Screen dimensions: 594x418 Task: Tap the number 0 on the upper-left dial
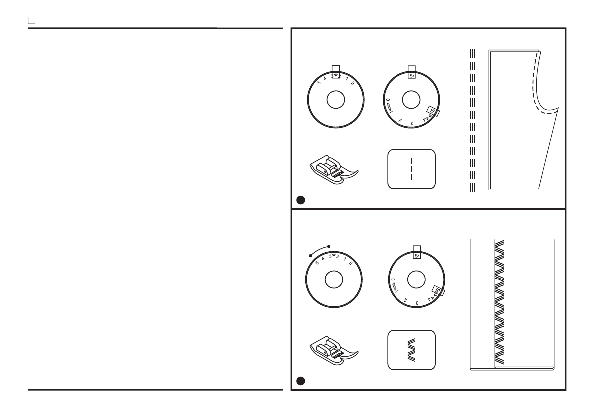[x=353, y=83]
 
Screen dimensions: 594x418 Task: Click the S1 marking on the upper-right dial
[x=412, y=76]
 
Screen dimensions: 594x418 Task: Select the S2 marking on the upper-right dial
[x=433, y=110]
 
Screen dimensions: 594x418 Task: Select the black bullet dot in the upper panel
[x=300, y=200]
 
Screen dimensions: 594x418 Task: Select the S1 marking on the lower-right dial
[x=417, y=256]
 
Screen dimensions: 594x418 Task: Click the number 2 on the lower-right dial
[x=405, y=300]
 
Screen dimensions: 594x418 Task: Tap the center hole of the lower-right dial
[x=417, y=279]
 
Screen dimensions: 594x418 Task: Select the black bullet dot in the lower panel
[x=300, y=381]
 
